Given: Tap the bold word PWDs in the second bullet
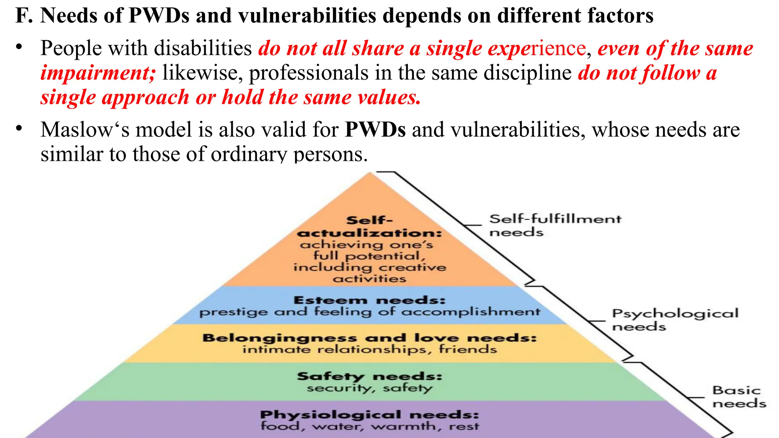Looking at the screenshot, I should pos(375,130).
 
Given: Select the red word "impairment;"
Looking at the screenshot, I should pos(98,73).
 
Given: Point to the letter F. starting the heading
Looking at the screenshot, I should pos(24,16).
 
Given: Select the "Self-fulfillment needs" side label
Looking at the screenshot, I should pos(555,225).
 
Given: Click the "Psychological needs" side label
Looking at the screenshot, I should pos(675,319).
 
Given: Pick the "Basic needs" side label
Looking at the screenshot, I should pos(738,397).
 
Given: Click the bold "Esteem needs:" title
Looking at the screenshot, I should pos(369,300).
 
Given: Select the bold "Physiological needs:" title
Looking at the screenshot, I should pos(369,414).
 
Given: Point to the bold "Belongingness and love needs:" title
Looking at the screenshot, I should pos(369,338).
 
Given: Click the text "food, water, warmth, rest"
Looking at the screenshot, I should pos(369,426).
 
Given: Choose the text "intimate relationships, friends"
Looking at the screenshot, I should pos(369,349).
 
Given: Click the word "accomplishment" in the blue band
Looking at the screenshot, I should pos(471,312).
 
